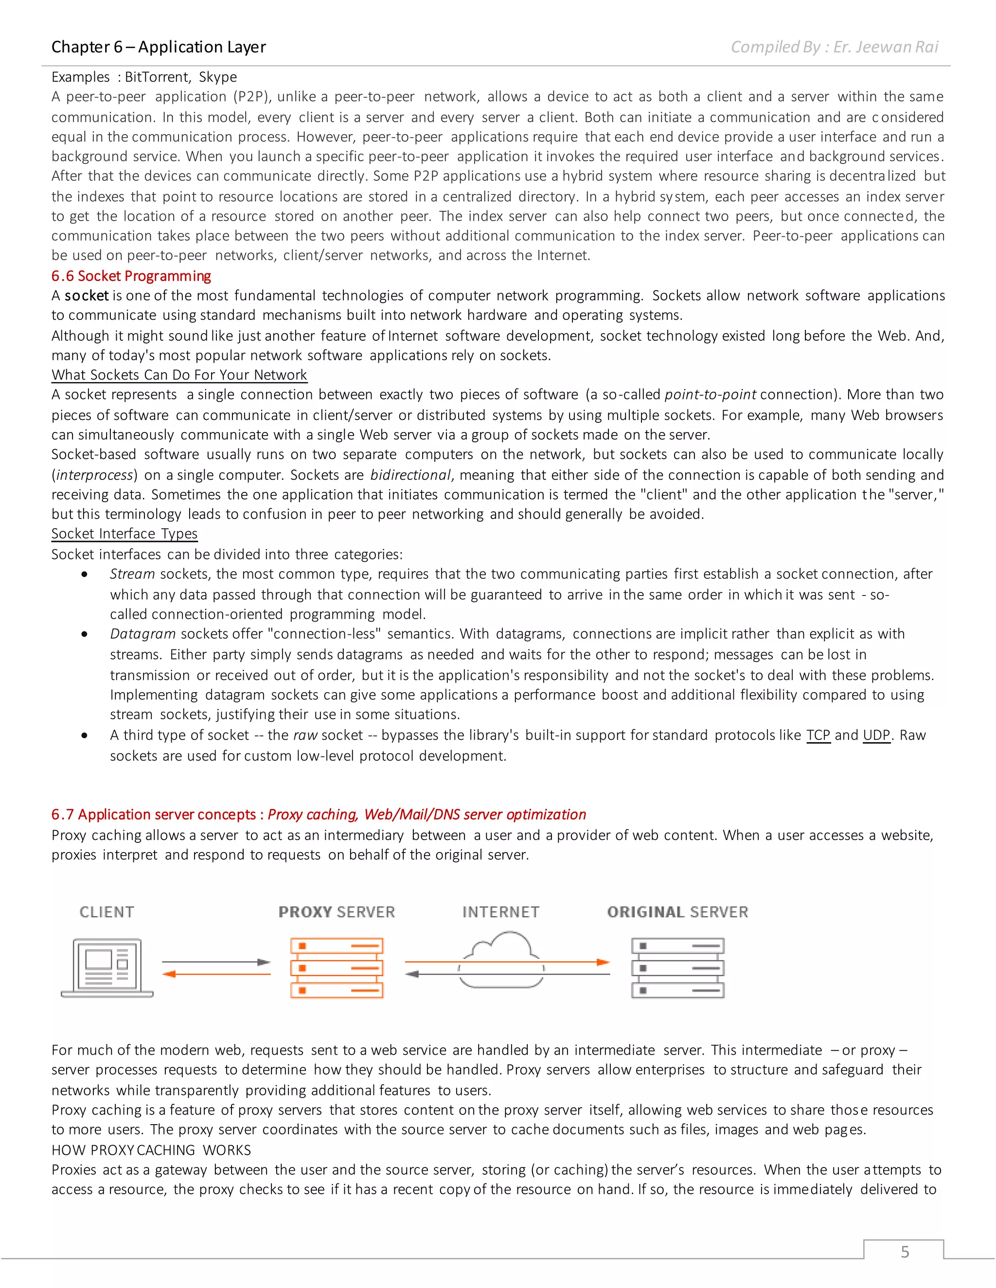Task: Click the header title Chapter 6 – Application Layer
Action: click(158, 47)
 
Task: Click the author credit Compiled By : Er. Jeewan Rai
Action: click(834, 47)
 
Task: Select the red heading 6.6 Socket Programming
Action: click(131, 276)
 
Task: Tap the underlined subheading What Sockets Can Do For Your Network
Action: click(179, 375)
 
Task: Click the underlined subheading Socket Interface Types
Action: click(124, 534)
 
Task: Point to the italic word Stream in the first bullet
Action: click(132, 574)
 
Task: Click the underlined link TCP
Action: click(818, 735)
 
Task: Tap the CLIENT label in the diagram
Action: click(107, 912)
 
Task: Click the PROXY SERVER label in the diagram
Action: click(337, 912)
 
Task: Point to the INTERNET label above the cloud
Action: click(500, 912)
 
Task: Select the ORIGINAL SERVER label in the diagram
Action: click(677, 912)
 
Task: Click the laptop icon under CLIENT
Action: click(107, 967)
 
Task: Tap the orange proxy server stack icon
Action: click(337, 968)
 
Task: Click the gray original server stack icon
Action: click(677, 968)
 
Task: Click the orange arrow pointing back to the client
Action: click(216, 974)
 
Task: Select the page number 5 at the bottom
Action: click(905, 1252)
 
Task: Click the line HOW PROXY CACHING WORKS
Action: click(151, 1150)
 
